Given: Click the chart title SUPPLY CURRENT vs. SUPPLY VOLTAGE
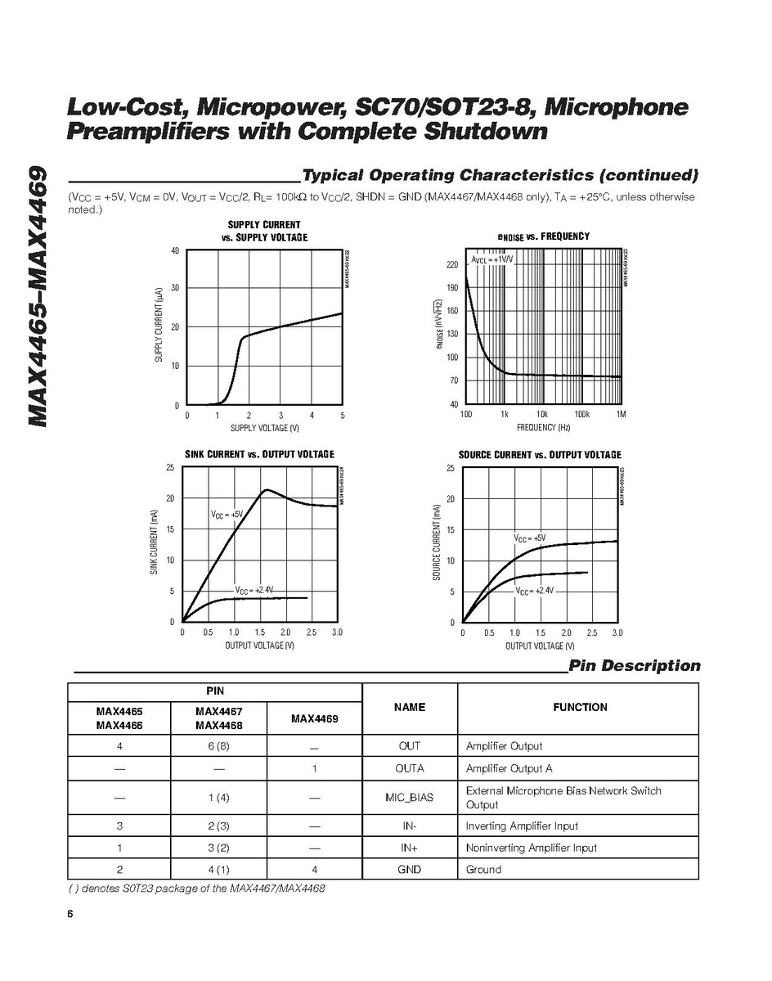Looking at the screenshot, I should tap(264, 231).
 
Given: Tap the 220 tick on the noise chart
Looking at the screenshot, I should tap(452, 265).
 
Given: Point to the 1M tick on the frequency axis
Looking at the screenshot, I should tap(621, 415).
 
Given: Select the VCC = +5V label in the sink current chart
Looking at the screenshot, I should tap(227, 515).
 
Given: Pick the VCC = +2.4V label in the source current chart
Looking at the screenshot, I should tap(535, 591).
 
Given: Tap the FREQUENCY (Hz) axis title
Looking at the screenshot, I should tap(543, 428).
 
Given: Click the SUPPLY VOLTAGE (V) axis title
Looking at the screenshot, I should tap(264, 428).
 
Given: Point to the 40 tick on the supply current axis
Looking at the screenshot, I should tap(175, 250).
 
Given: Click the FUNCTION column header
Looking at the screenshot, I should tap(579, 707).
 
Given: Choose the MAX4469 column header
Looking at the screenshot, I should tap(314, 719).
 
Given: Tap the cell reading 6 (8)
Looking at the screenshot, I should tap(218, 746).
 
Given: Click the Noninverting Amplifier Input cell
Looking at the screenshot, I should tap(532, 848).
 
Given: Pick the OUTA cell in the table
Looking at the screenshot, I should tap(409, 769).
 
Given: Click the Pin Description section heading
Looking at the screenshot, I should tap(635, 666).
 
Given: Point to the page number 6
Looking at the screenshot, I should tap(71, 915).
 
